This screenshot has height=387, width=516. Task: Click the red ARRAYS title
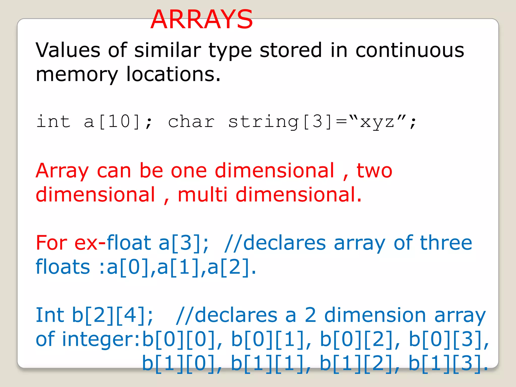click(x=202, y=20)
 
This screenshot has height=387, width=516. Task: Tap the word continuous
click(x=410, y=50)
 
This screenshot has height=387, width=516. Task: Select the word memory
click(x=77, y=75)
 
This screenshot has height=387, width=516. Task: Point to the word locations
click(x=173, y=74)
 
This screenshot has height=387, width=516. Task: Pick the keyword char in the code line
click(x=191, y=122)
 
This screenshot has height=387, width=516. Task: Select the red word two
click(x=374, y=171)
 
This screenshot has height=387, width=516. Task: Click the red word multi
click(x=203, y=195)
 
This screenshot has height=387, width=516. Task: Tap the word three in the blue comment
click(x=446, y=243)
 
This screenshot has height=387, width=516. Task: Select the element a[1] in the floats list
click(x=178, y=267)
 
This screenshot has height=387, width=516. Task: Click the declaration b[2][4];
click(x=112, y=315)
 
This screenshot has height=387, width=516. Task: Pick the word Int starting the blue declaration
click(x=50, y=315)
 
